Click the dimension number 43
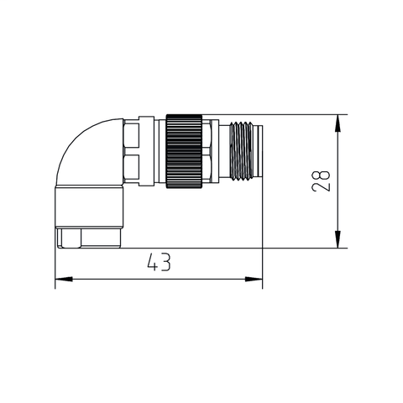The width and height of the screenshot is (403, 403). coord(158,264)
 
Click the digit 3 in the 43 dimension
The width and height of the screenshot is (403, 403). coord(165,264)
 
